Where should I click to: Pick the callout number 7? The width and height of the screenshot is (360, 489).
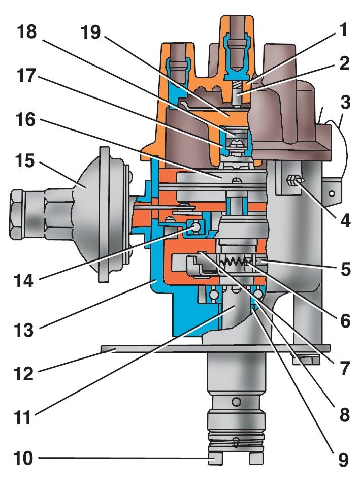pos(345,367)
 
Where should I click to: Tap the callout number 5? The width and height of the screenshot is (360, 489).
pos(345,269)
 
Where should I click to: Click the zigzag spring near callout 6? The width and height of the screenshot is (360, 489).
pos(235,262)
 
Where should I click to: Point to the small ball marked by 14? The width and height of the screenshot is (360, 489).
pos(194,228)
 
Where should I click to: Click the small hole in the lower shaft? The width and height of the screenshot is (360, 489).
pos(236,402)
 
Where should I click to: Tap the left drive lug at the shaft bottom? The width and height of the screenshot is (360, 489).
pos(215,459)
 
